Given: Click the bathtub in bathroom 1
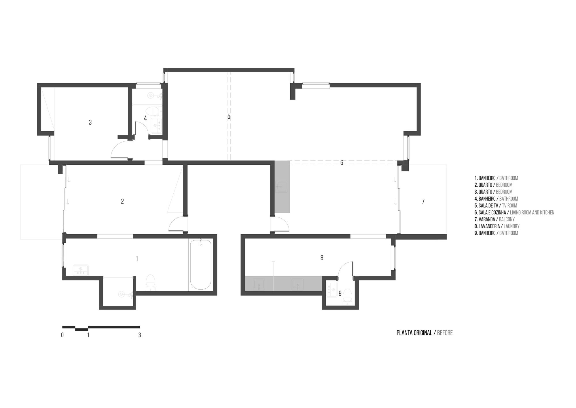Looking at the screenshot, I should tap(200, 264).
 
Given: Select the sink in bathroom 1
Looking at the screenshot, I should tap(81, 270).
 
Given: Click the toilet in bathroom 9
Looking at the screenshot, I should tap(348, 296).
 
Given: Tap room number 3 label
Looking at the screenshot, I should tap(90, 123).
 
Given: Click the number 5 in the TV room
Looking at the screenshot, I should tap(229, 117).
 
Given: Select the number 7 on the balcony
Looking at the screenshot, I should tap(423, 202).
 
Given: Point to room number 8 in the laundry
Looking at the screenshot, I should tap(322, 258).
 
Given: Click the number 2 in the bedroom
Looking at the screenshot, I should tap(122, 202).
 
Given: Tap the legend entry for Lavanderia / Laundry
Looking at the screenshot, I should tap(497, 226).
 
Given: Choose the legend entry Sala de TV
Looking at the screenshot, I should tap(496, 206).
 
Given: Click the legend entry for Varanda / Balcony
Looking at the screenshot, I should tap(494, 219).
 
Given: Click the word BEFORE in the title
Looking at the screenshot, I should tap(445, 333).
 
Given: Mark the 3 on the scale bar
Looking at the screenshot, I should tap(140, 335).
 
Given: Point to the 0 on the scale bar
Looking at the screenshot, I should tap(62, 335).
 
